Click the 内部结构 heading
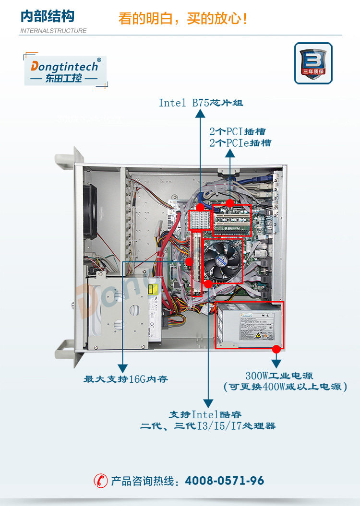48,16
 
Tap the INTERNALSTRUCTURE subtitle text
53,31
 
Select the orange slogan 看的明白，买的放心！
183,19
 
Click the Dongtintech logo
65,71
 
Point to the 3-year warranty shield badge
313,63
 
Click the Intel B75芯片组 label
197,103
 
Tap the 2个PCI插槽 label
238,131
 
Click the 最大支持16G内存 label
126,379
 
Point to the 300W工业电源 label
279,375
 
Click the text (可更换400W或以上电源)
285,387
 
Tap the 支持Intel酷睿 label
205,414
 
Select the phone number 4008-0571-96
224,481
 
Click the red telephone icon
101,481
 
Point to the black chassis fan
90,212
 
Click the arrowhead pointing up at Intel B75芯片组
200,113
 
